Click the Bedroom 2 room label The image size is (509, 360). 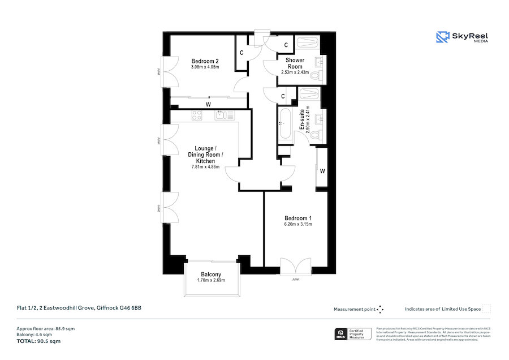[205, 61]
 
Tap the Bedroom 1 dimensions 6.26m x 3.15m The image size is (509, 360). [297, 225]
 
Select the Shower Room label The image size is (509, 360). [295, 63]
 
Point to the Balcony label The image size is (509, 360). [211, 275]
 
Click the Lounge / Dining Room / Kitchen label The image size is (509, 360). [205, 155]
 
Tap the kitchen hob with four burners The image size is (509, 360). [197, 115]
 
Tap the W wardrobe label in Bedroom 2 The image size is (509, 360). [208, 104]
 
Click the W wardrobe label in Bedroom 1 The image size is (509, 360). [322, 171]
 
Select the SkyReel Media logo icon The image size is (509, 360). [442, 37]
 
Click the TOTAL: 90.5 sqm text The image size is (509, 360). [38, 341]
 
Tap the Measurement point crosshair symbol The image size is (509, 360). [381, 309]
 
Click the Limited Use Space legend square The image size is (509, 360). [486, 309]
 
